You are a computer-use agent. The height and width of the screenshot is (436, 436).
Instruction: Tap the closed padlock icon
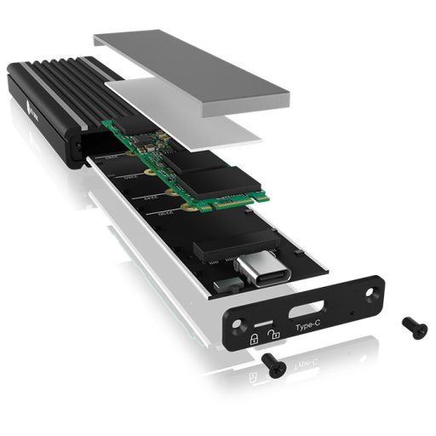(254, 338)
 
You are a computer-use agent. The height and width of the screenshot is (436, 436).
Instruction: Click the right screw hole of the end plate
(370, 289)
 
